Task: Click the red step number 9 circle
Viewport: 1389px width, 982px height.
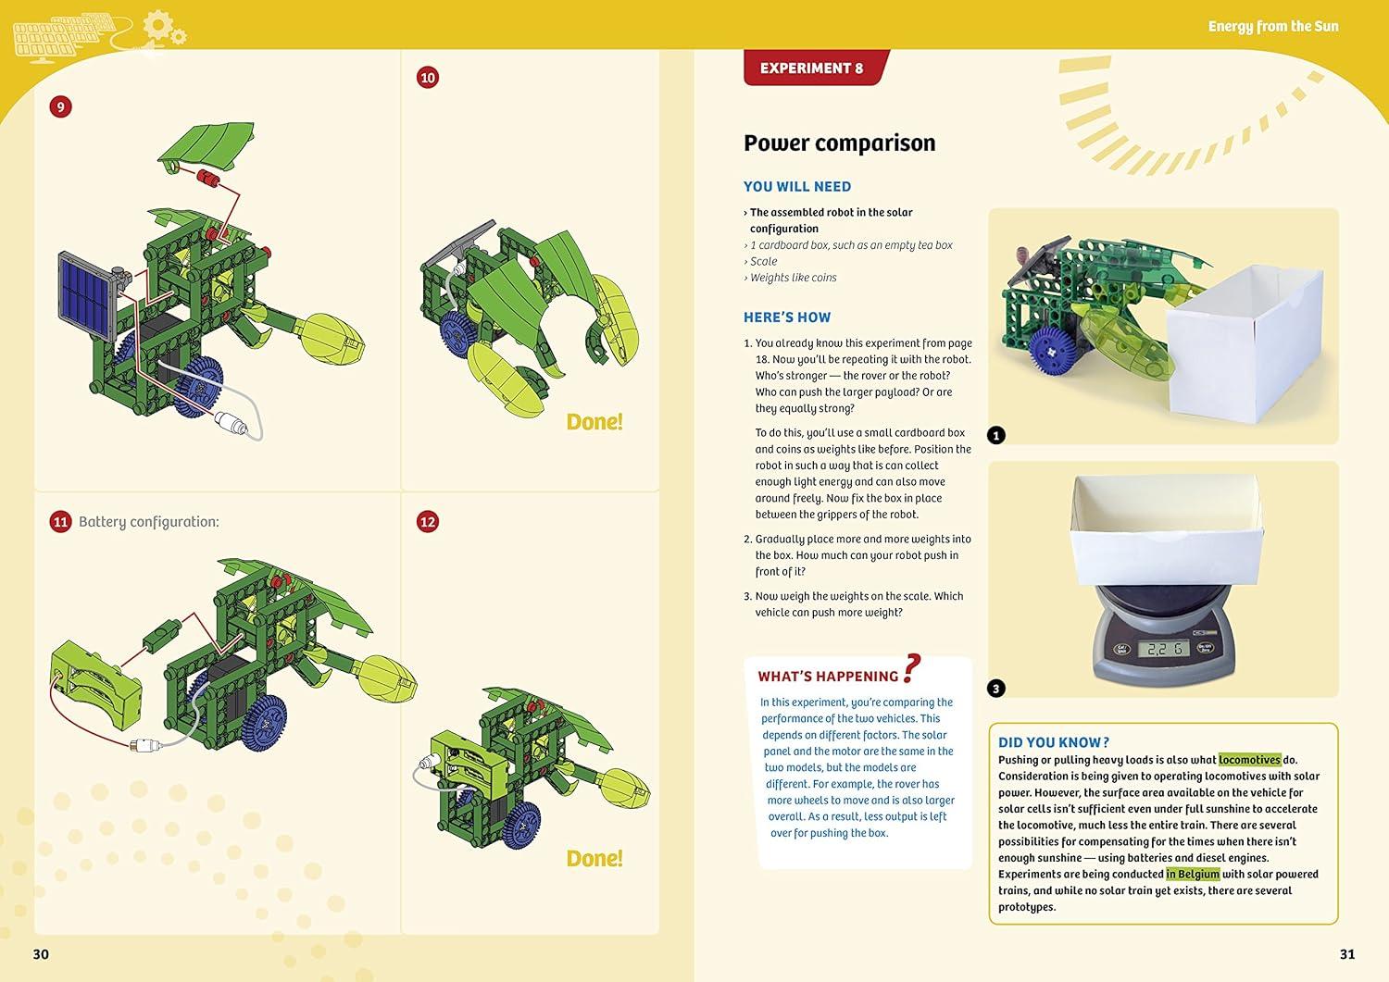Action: [x=60, y=106]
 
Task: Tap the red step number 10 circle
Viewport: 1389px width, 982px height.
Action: [x=427, y=78]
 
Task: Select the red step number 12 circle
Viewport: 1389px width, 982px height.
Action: [x=427, y=522]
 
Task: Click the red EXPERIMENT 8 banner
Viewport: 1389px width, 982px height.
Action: [x=812, y=68]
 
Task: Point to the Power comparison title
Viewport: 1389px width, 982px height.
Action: [x=839, y=143]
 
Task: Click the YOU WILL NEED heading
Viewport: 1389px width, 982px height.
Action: [x=796, y=187]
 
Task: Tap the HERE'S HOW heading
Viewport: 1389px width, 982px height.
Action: [x=786, y=317]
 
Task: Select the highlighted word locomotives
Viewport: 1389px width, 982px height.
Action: [x=1249, y=760]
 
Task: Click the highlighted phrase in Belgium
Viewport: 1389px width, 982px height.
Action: [x=1192, y=874]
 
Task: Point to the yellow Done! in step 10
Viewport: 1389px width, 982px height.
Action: [x=594, y=422]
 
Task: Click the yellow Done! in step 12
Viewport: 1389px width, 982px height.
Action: [x=594, y=859]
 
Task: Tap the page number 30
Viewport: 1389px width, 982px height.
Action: [x=41, y=954]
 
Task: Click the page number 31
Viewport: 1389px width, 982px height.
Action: [x=1346, y=954]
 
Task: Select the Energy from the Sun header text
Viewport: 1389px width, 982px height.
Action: [x=1272, y=26]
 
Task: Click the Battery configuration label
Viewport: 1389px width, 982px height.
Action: [x=148, y=522]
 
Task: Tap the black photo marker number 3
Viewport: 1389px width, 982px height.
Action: [x=995, y=688]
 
